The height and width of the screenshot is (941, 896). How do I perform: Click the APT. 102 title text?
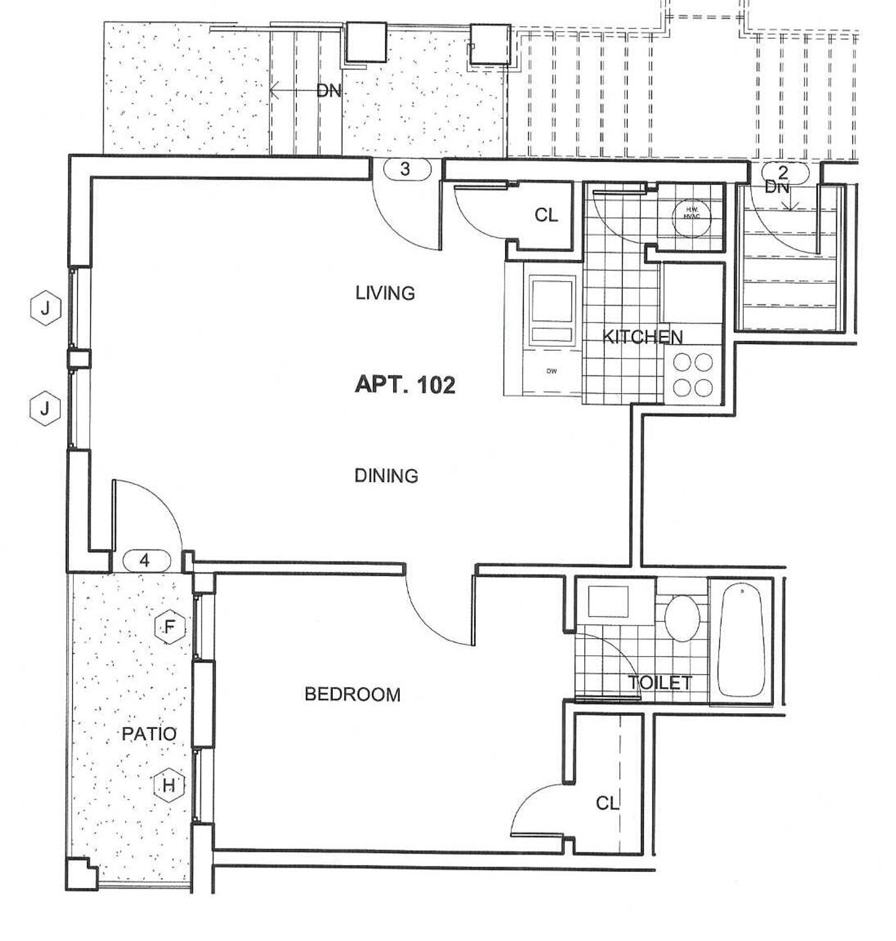(x=405, y=385)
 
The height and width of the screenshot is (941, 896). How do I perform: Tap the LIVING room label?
(x=385, y=293)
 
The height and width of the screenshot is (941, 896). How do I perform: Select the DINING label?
(x=386, y=475)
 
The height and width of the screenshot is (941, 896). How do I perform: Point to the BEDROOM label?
(x=352, y=694)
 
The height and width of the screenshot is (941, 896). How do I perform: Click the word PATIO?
(x=149, y=734)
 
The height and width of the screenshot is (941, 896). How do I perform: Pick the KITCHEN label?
(x=642, y=337)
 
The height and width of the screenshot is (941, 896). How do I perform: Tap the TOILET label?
(x=660, y=683)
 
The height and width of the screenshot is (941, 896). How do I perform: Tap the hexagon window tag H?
(x=169, y=786)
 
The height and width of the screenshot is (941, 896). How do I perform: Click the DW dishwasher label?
(x=551, y=371)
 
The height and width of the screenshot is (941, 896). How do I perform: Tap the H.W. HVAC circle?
(x=691, y=214)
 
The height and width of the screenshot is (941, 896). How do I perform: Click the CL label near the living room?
(x=546, y=215)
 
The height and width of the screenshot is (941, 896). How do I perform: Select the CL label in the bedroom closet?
(x=607, y=803)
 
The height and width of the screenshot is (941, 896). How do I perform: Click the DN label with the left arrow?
(x=327, y=91)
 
